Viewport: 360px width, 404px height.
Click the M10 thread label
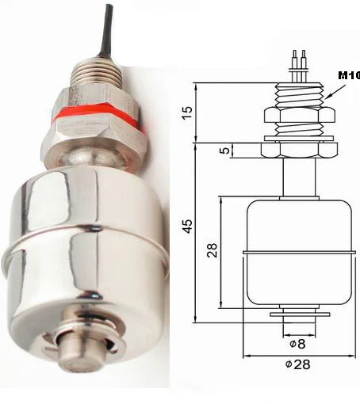click(348, 75)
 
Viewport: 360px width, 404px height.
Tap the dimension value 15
click(186, 112)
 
